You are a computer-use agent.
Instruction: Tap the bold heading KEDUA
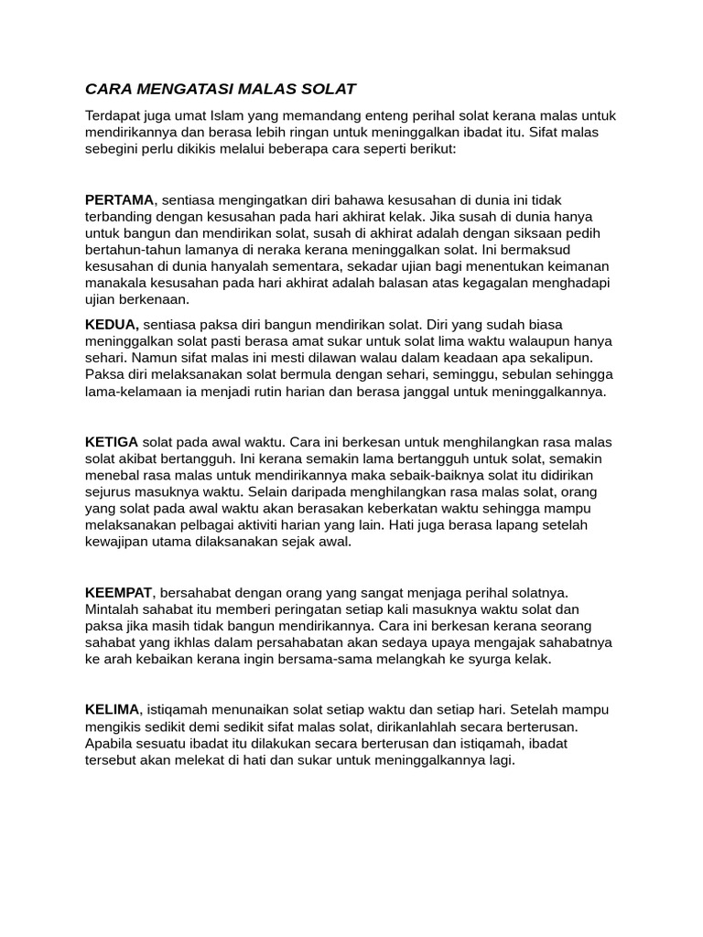click(112, 324)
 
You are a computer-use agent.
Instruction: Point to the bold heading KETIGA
click(112, 441)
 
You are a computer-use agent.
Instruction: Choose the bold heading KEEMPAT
click(119, 592)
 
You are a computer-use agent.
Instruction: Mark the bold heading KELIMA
click(113, 709)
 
